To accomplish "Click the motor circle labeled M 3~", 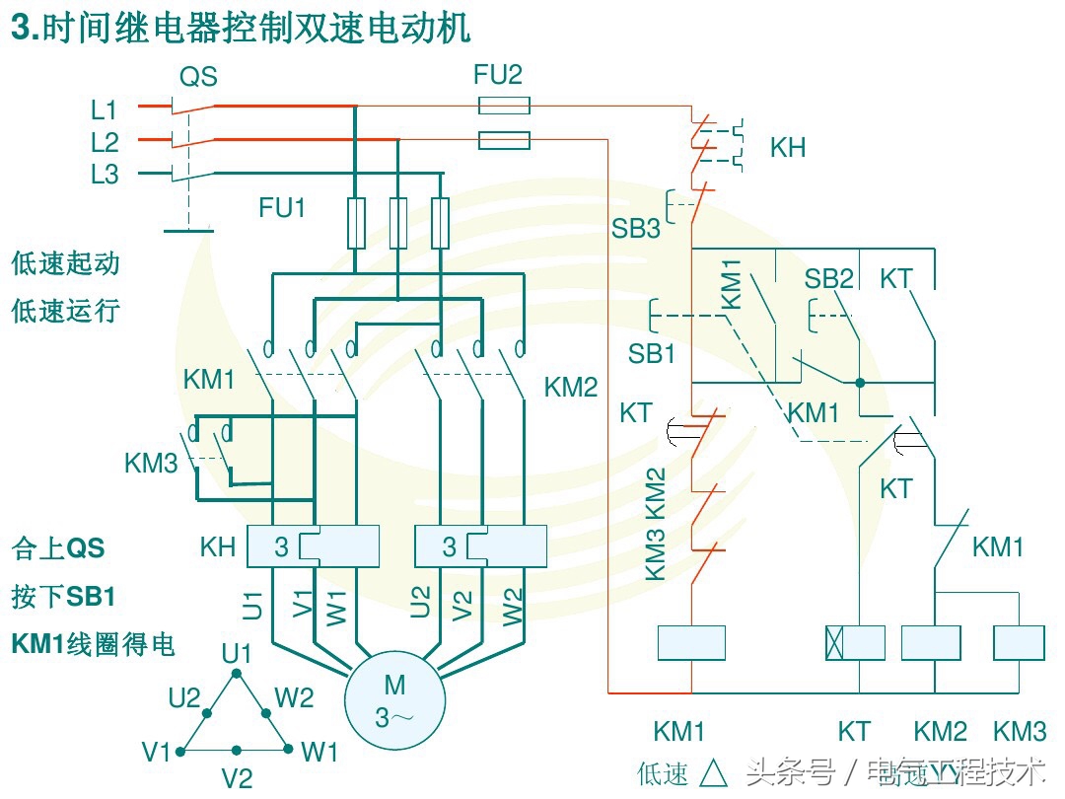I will point(394,700).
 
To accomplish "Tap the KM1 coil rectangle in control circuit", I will point(691,642).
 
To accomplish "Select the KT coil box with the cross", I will point(855,642).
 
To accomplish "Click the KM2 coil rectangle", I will point(931,642).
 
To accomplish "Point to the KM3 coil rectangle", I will point(1019,642).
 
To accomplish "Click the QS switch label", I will point(198,77).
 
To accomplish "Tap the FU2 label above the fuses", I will point(498,75).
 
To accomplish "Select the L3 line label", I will point(105,176).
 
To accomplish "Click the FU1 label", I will point(282,208).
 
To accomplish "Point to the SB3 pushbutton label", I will point(635,229).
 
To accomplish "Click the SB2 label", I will point(828,279).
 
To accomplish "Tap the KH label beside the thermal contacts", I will point(788,148).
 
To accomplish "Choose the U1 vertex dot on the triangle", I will point(236,673).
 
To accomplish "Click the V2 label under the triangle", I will point(237,779).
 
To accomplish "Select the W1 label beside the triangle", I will point(319,753).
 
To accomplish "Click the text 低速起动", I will point(65,263).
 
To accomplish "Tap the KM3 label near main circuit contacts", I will point(151,463).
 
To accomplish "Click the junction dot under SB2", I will point(860,382).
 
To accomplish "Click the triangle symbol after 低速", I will point(713,772).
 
